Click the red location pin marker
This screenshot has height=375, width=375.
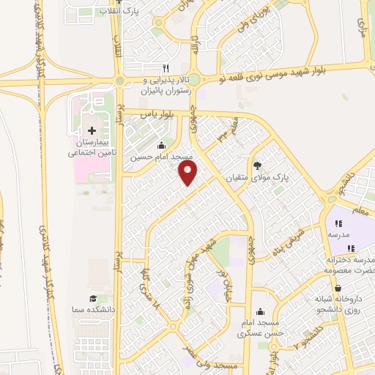coord(188,173)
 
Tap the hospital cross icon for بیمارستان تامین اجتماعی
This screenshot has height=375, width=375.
coord(91,130)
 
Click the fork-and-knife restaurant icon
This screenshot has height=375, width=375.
coord(166,68)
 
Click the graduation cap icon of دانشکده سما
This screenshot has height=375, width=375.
coord(93,298)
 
